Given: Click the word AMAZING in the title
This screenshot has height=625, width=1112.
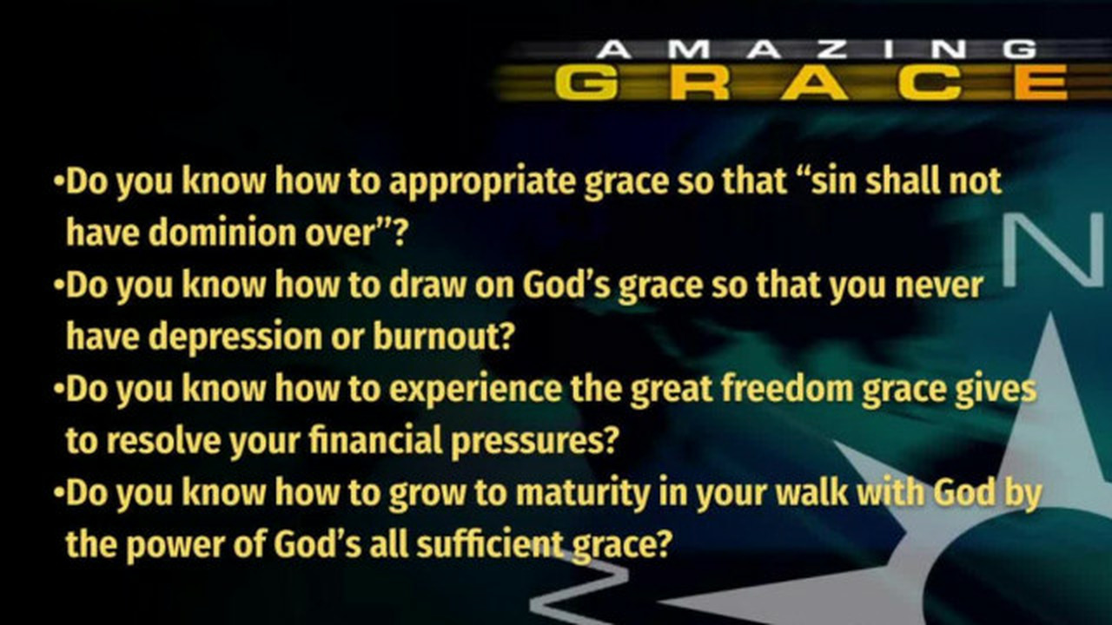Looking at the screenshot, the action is coord(816,49).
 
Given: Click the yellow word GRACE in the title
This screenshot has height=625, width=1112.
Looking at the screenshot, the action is coord(811,82).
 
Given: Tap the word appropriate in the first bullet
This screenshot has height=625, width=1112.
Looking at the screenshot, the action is coord(481,182).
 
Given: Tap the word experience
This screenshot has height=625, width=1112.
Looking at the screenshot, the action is coord(475,390).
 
